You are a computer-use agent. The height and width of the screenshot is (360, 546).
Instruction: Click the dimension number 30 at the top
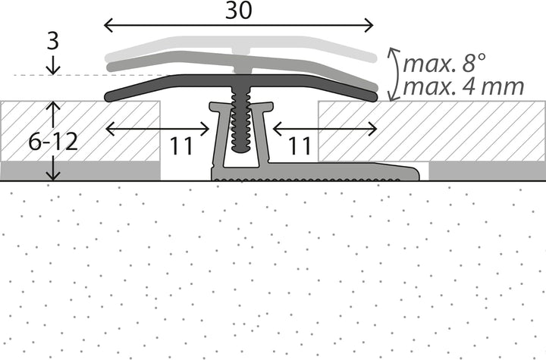[x=239, y=10]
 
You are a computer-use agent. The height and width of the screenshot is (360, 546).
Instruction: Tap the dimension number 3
[x=53, y=40]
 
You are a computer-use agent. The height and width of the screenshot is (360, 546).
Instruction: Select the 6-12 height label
[x=53, y=142]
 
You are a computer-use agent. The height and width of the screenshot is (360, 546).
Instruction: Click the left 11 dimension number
[x=181, y=146]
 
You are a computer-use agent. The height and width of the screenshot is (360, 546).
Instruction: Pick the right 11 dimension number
[x=300, y=146]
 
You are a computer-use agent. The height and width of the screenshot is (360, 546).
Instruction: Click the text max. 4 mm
[x=463, y=86]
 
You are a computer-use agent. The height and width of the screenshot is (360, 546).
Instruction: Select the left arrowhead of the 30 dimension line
[x=108, y=26]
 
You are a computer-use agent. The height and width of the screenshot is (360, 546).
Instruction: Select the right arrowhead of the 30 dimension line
[x=369, y=26]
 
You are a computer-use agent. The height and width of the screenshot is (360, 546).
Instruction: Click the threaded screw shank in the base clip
[x=240, y=120]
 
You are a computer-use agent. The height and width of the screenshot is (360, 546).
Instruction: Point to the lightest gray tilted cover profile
[x=241, y=47]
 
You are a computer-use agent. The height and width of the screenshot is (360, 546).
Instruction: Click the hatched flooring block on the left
[x=80, y=131]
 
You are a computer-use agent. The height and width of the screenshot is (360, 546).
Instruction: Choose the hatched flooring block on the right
[x=431, y=131]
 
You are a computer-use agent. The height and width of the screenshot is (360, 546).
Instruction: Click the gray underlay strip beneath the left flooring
[x=80, y=171]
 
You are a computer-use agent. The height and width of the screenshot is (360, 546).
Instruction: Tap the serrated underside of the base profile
[x=306, y=180]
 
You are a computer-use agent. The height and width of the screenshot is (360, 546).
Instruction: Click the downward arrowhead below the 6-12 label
[x=53, y=176]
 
